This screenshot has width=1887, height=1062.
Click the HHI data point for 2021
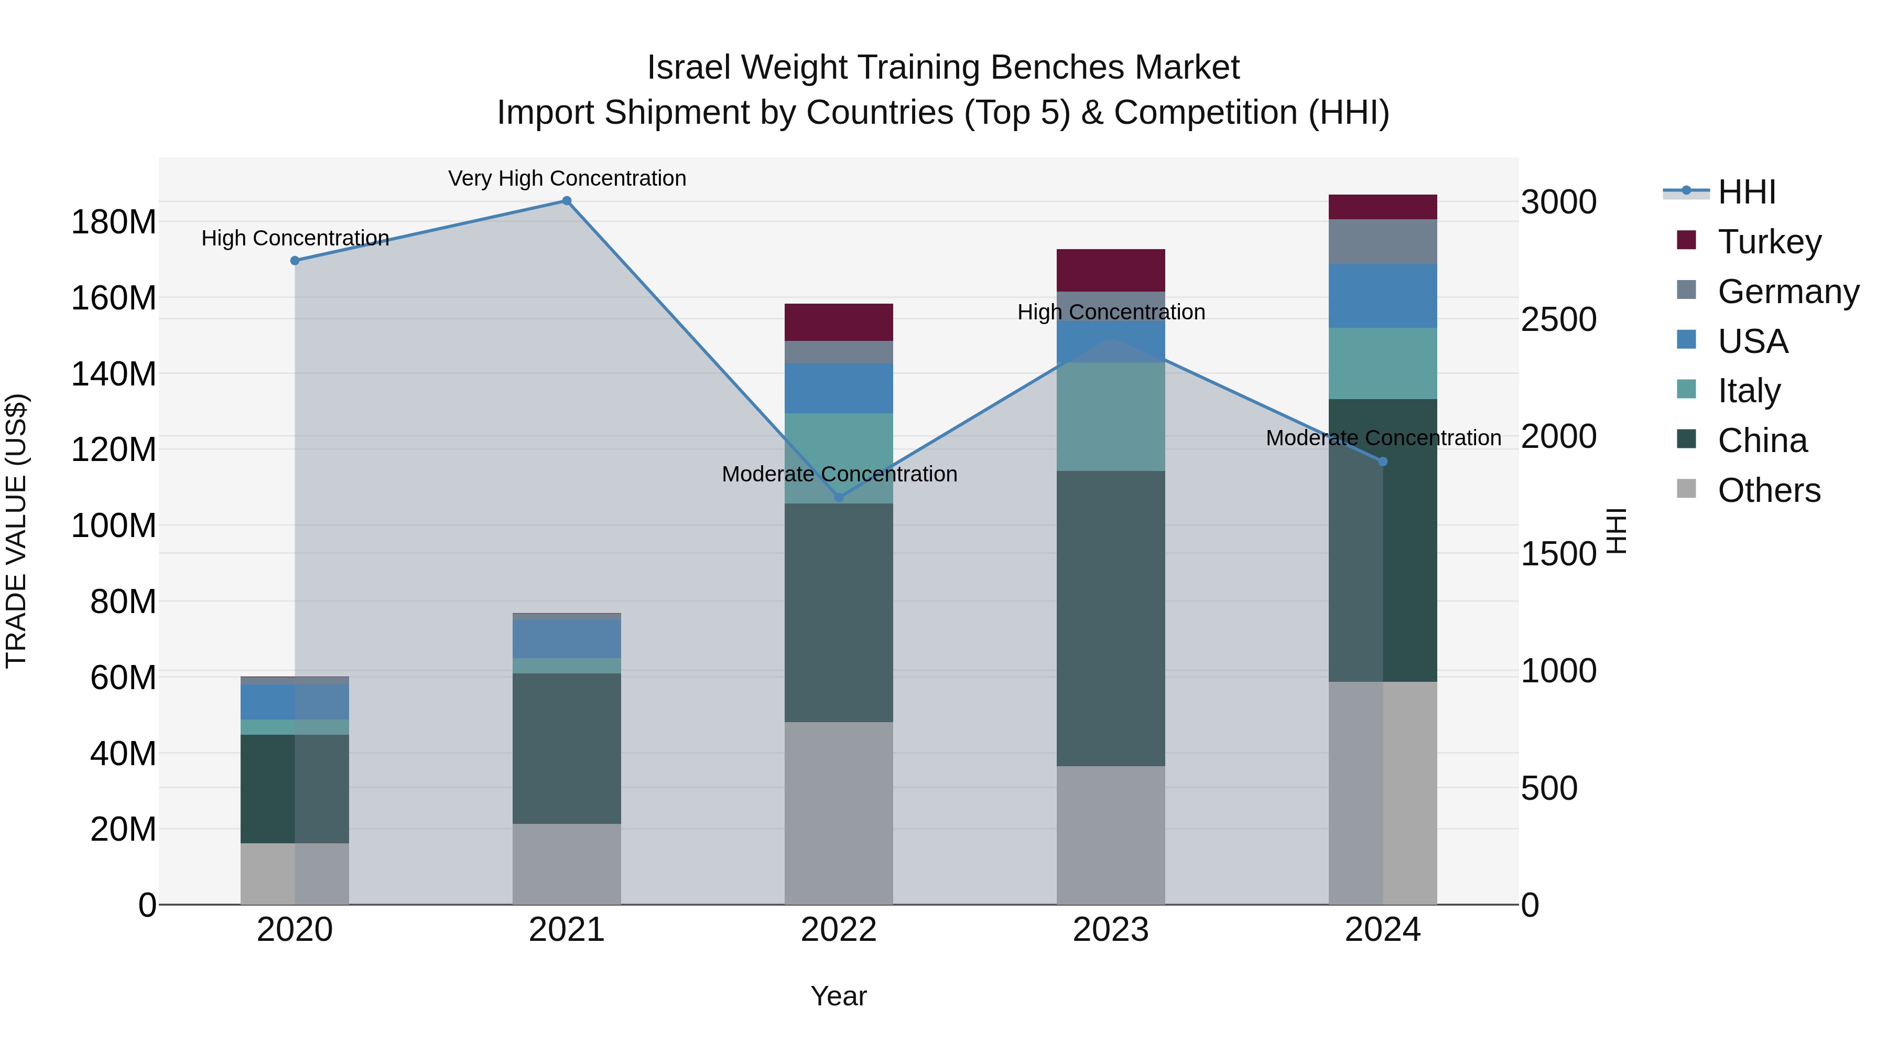pyautogui.click(x=566, y=201)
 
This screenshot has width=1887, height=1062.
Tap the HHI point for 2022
pyautogui.click(x=839, y=498)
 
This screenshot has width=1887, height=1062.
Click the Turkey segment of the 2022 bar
pyautogui.click(x=839, y=323)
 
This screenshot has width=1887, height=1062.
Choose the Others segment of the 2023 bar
pyautogui.click(x=1111, y=835)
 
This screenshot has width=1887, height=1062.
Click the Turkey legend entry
pyautogui.click(x=1769, y=242)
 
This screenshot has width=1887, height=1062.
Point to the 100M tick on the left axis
pyautogui.click(x=114, y=525)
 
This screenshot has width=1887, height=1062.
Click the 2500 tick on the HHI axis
pyautogui.click(x=1559, y=319)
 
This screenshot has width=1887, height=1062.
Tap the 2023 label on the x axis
pyautogui.click(x=1111, y=930)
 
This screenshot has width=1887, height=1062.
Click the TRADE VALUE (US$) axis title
pyautogui.click(x=16, y=531)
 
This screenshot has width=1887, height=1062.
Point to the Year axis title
pyautogui.click(x=839, y=996)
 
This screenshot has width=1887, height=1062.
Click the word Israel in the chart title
pyautogui.click(x=689, y=68)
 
